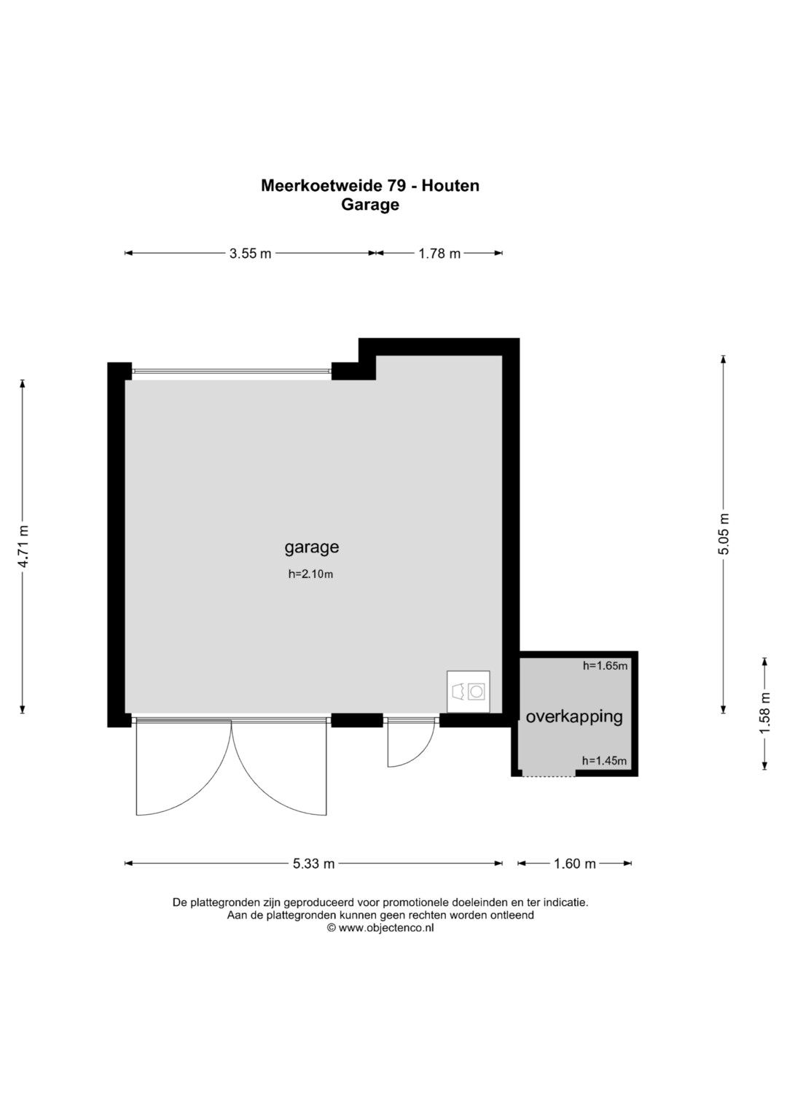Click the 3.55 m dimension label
click(251, 254)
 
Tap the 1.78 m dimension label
click(439, 254)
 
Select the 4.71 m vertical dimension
click(23, 546)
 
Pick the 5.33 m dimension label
click(313, 864)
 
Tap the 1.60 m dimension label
click(575, 864)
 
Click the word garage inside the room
click(312, 547)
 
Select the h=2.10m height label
click(310, 574)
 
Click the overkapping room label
click(574, 717)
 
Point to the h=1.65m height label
click(605, 665)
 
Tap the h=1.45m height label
click(604, 761)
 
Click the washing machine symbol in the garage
click(468, 692)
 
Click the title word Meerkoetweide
click(322, 186)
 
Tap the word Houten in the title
click(450, 186)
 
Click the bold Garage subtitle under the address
click(370, 205)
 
